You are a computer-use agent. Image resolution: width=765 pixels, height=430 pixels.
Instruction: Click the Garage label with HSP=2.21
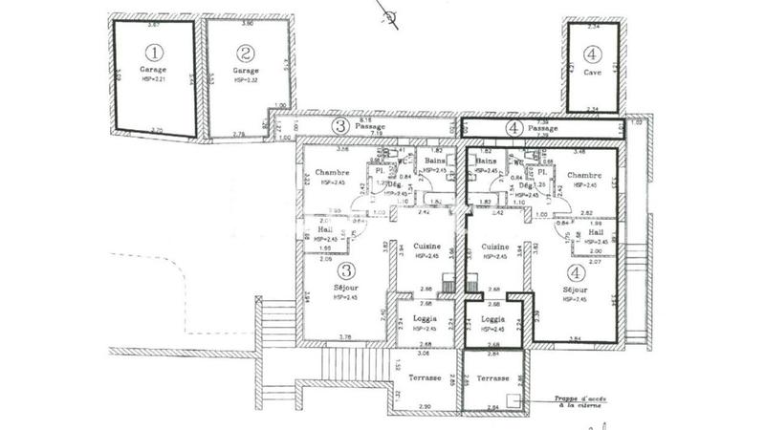click(153, 70)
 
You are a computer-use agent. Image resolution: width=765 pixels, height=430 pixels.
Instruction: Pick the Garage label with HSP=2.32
click(246, 71)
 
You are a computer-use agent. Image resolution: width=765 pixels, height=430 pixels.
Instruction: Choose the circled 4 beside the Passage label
click(512, 127)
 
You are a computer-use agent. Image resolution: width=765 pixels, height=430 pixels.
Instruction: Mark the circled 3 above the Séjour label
click(347, 269)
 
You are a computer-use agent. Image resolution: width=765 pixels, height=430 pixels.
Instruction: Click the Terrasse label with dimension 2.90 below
click(424, 377)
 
